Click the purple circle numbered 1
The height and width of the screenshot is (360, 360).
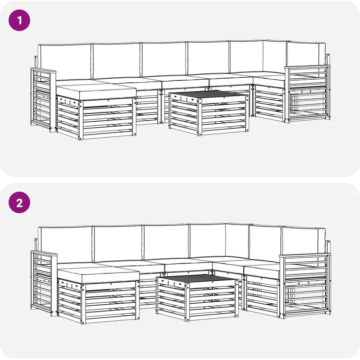[19, 20]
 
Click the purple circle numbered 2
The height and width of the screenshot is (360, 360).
[19, 202]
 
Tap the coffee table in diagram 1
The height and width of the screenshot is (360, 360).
[209, 112]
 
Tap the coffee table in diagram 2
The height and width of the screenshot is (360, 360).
[197, 297]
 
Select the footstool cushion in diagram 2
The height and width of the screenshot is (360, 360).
[98, 275]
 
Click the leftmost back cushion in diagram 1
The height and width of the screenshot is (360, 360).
[65, 62]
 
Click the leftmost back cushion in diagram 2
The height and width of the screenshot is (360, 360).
[66, 245]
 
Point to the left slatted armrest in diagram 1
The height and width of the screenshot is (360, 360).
[43, 100]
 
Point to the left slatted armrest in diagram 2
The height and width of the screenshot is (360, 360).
[44, 283]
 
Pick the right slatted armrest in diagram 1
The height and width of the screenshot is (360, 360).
[308, 94]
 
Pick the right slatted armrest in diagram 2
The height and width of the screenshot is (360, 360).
[305, 286]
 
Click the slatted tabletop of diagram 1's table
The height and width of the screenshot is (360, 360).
[209, 94]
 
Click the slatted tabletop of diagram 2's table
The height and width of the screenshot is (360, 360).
[197, 278]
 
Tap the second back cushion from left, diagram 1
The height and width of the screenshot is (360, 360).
[116, 61]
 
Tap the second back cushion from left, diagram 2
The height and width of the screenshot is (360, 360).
[118, 244]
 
